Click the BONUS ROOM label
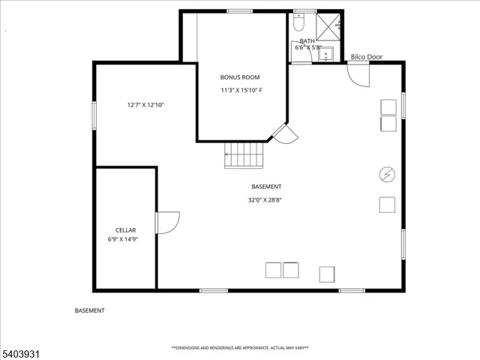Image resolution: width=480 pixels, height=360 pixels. pos(241,77)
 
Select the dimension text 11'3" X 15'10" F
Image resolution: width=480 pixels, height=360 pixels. pos(241,91)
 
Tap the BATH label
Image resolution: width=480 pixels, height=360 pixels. pos(307,41)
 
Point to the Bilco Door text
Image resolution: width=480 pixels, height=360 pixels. pos(366,56)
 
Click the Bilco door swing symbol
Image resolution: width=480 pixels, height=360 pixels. pos(358,73)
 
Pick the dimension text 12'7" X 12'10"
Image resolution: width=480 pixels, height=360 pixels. pos(145,105)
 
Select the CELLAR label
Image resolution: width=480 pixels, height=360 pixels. pos(125,229)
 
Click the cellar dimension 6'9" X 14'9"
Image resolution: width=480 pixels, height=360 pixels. pos(125,239)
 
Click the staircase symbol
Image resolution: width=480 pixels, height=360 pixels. pos(244,157)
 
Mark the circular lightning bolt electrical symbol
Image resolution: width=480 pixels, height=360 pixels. pos(387,174)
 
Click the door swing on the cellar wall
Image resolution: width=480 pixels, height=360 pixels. pos(166,223)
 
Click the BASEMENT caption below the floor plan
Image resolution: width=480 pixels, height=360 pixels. pos(90,310)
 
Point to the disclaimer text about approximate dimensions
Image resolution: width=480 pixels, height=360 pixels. pos(240,348)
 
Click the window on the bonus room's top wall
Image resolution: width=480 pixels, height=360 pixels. pos(239,10)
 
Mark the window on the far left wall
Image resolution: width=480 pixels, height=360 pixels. pos(94,116)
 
